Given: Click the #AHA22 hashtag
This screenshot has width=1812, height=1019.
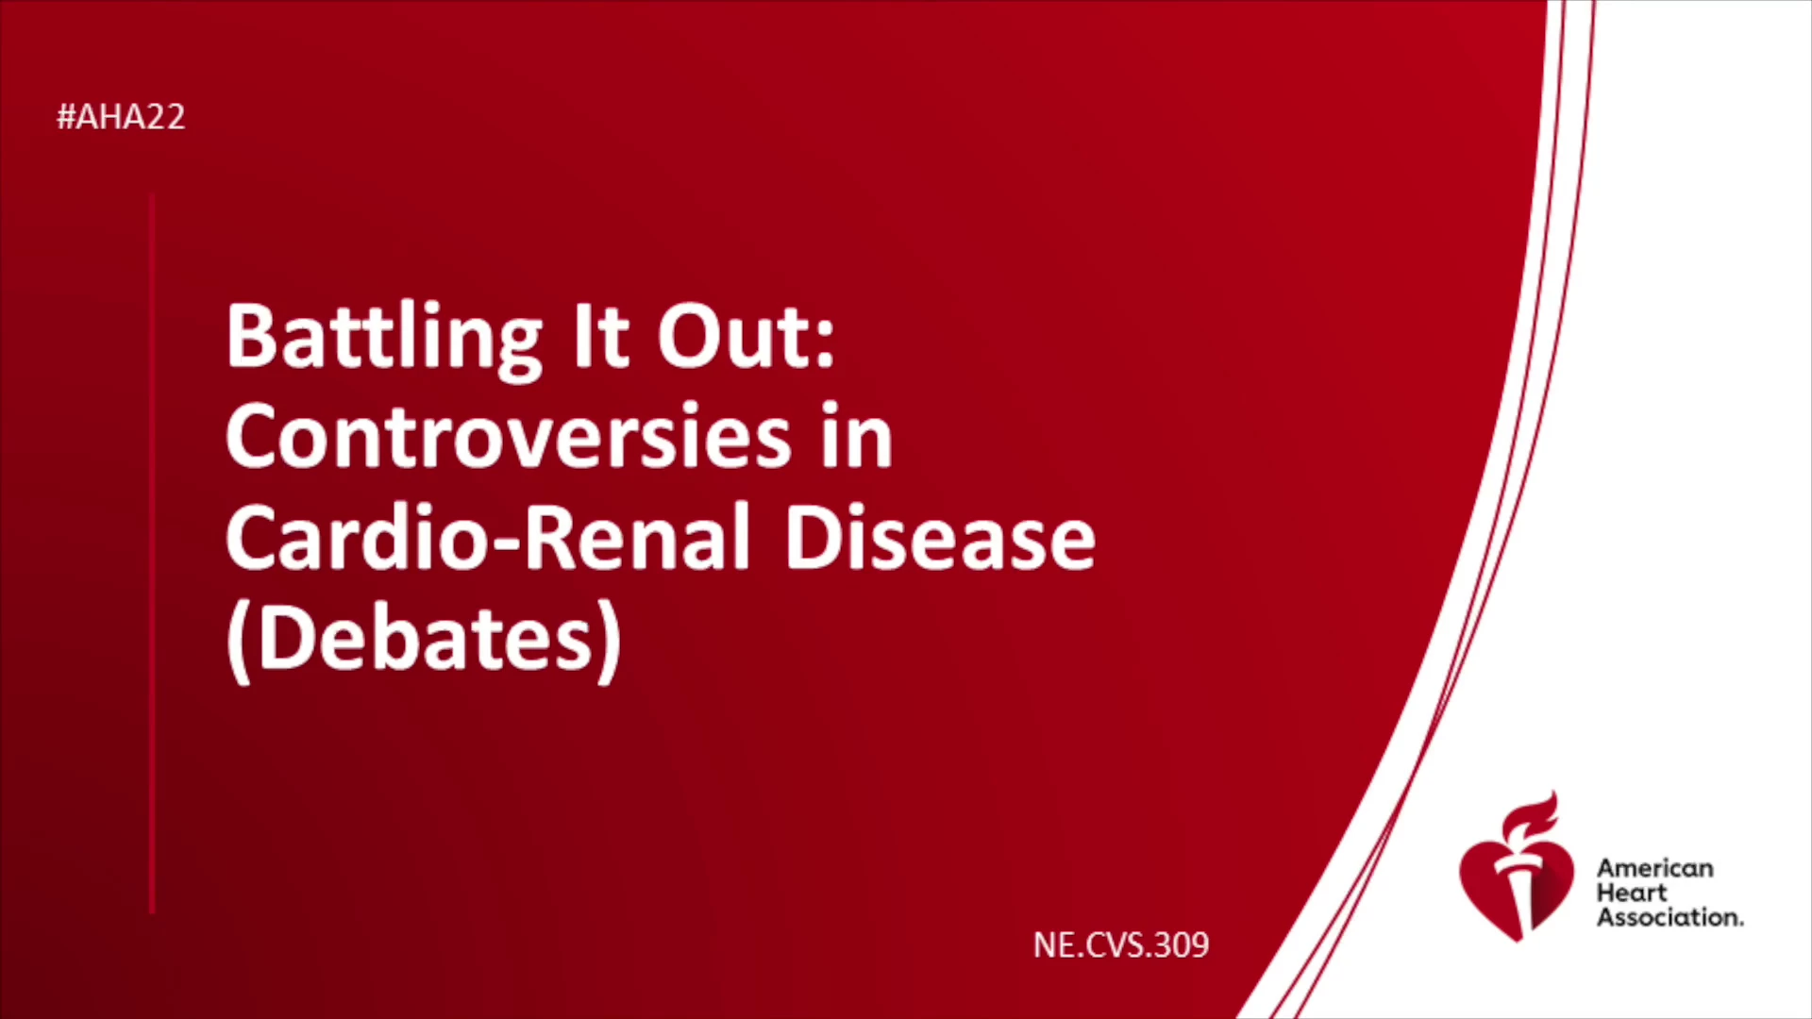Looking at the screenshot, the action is click(x=121, y=117).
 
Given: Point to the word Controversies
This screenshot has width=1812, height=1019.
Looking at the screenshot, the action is click(x=509, y=436).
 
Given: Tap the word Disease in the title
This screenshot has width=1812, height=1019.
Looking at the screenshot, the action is click(x=940, y=537).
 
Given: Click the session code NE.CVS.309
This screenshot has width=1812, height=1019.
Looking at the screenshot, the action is click(x=1121, y=945).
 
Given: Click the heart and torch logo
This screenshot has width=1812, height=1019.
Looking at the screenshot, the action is click(x=1516, y=866).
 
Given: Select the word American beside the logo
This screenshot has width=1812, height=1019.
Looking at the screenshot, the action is click(x=1655, y=868).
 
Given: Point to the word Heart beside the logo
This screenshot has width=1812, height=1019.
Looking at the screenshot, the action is click(x=1632, y=893).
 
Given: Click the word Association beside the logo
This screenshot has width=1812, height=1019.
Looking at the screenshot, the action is click(x=1668, y=917).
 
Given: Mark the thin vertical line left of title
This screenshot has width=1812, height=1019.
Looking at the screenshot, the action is click(x=152, y=554).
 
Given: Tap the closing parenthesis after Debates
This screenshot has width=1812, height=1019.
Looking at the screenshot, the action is click(x=612, y=642).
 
